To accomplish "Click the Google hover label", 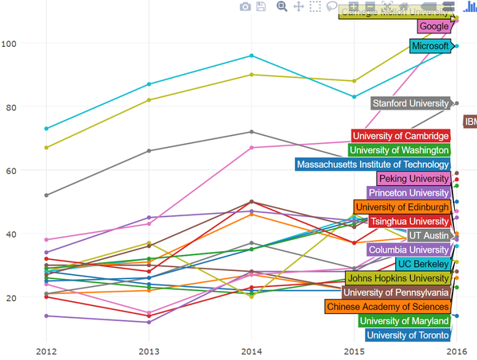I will point(434,26).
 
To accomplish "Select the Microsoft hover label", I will point(430,46).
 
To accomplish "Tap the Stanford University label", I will point(410,103).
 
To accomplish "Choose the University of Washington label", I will point(399,150).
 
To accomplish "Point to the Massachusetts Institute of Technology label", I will point(372,165).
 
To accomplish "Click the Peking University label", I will point(413,179).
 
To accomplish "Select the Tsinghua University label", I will point(409,222).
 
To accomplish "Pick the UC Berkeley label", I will point(422,264).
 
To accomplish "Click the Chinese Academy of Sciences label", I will point(387,307).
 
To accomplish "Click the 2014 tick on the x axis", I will point(251,350).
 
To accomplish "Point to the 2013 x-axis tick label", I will point(149,350).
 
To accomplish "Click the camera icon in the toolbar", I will point(246,6).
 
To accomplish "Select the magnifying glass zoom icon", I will point(281,6).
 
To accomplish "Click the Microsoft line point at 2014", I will point(251,56).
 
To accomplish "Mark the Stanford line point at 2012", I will point(47,195).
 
